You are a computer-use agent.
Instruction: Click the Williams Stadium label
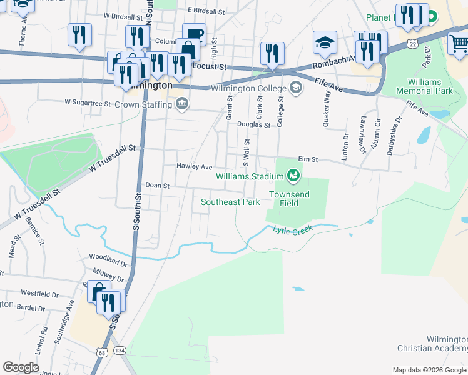(x=250, y=176)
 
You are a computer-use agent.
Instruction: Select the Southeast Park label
(x=230, y=202)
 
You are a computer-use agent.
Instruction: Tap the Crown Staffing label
(x=145, y=104)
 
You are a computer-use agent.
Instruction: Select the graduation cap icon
(x=325, y=43)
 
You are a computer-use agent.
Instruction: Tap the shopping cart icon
(x=459, y=44)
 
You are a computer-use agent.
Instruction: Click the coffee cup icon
(x=194, y=34)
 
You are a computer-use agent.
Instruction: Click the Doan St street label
(x=158, y=186)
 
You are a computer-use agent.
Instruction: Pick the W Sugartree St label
(x=87, y=101)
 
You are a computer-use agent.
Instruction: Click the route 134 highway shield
(x=121, y=351)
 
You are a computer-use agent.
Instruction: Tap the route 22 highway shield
(x=411, y=43)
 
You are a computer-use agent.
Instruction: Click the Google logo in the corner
(x=21, y=367)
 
